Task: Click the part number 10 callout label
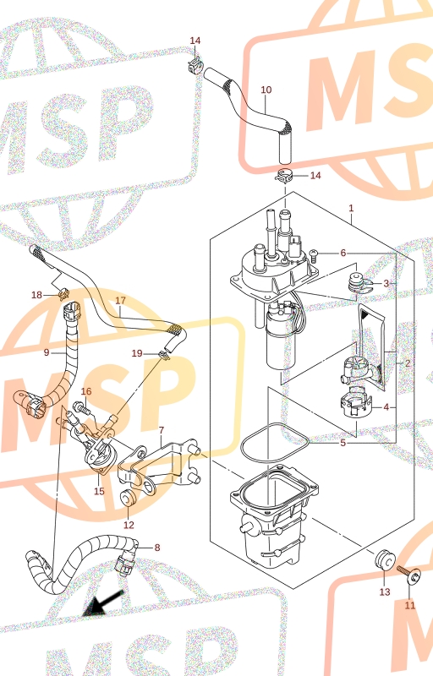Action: click(x=266, y=90)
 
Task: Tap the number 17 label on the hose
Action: click(x=120, y=300)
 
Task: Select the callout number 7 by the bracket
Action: click(x=162, y=430)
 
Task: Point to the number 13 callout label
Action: click(x=385, y=592)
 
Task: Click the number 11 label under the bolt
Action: click(x=409, y=605)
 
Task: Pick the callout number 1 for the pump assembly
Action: click(x=351, y=208)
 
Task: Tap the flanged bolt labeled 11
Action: click(x=409, y=574)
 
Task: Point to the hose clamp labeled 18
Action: click(x=63, y=293)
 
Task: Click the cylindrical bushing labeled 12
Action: click(x=128, y=499)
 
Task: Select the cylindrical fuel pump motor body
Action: click(x=282, y=339)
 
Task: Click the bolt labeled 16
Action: click(x=81, y=407)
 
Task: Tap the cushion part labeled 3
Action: click(x=359, y=283)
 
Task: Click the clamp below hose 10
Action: click(x=285, y=175)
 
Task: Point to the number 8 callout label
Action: click(x=157, y=548)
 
